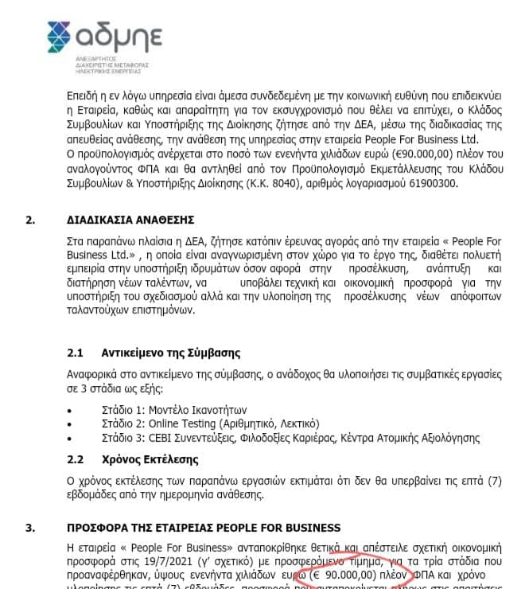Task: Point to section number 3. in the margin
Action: coord(30,528)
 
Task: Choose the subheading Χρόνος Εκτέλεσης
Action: coord(150,460)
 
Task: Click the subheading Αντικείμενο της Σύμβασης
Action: coord(171,353)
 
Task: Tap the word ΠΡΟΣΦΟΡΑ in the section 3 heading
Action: coord(100,528)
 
